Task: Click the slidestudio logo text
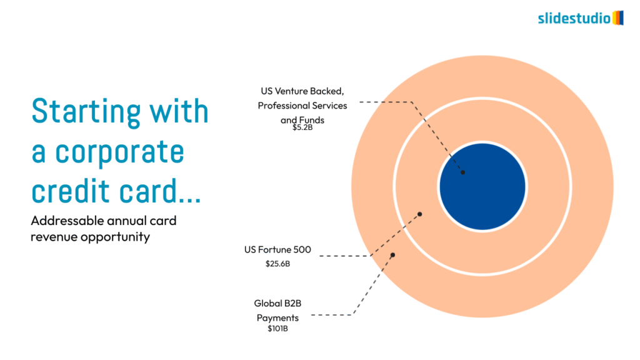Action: click(574, 18)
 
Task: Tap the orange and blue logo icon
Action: click(618, 18)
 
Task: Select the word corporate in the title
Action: click(119, 152)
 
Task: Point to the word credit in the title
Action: click(71, 190)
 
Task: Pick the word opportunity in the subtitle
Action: click(115, 237)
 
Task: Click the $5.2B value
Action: click(302, 127)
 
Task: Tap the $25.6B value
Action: click(277, 264)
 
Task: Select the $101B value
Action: click(277, 329)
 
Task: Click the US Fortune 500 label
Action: click(277, 249)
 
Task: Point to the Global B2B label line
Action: click(277, 303)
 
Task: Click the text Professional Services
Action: click(302, 106)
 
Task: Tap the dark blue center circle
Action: click(482, 186)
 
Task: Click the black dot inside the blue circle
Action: click(463, 172)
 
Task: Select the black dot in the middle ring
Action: click(419, 214)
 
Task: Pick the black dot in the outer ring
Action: click(392, 255)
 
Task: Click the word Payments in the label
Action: click(277, 318)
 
